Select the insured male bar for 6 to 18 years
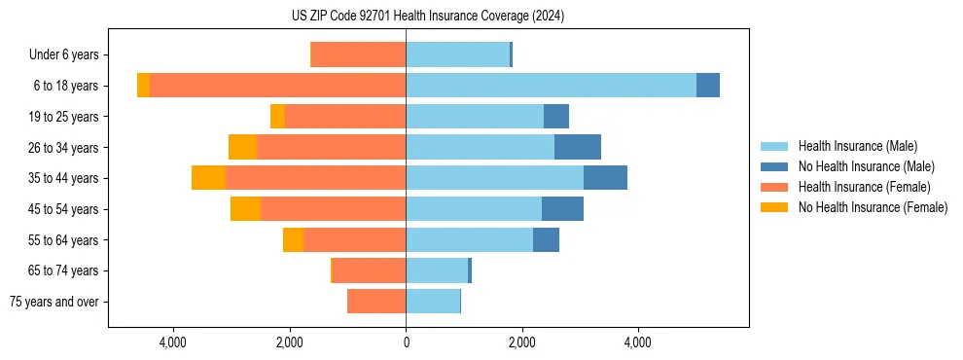[x=551, y=86]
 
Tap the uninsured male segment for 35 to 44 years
[x=605, y=178]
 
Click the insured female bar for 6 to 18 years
[x=277, y=86]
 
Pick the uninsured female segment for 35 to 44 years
[x=208, y=178]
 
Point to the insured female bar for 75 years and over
[x=376, y=302]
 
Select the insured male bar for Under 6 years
[x=457, y=54]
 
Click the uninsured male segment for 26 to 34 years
[x=578, y=147]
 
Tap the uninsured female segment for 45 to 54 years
[x=245, y=209]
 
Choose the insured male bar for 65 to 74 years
[x=437, y=270]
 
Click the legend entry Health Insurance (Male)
[x=857, y=146]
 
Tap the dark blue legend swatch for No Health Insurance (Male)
[x=774, y=166]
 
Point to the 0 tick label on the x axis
[x=406, y=343]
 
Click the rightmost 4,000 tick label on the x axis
[x=638, y=343]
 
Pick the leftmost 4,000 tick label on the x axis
[x=173, y=343]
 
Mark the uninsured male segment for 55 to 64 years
[x=546, y=240]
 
